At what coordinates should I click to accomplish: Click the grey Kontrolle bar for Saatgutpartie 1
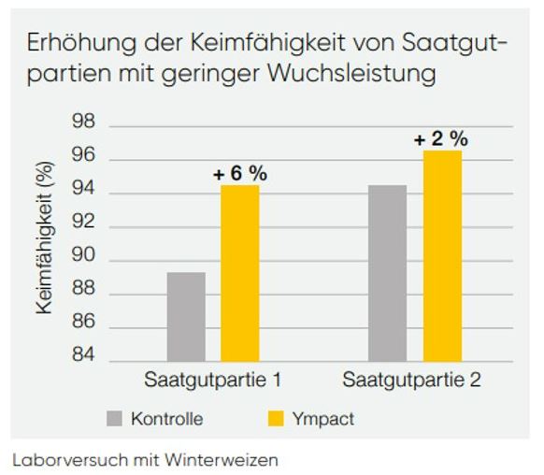point(186,316)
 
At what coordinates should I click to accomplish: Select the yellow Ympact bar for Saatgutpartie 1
point(239,273)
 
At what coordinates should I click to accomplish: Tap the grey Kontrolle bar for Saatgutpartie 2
point(387,273)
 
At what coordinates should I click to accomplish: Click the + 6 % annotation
point(239,173)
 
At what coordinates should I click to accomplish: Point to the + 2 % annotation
point(441,138)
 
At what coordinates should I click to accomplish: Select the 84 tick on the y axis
point(84,361)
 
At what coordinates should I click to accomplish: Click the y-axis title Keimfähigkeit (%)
point(46,243)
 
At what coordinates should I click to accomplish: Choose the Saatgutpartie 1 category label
point(213,381)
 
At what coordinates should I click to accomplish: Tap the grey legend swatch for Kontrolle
point(115,418)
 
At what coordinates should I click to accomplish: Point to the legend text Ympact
point(323,419)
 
